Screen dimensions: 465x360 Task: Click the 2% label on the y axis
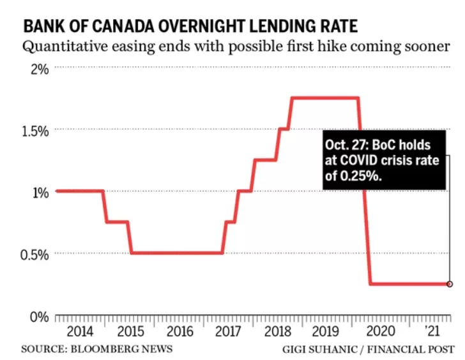tap(40, 70)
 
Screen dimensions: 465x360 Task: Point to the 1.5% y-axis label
tap(35, 131)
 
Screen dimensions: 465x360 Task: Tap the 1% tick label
tap(41, 193)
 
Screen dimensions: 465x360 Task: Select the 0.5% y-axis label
tap(34, 255)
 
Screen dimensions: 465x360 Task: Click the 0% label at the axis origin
tap(39, 317)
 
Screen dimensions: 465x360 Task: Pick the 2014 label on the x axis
tap(80, 331)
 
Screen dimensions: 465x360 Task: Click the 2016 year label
tap(179, 331)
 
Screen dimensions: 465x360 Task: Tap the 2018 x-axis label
tap(278, 331)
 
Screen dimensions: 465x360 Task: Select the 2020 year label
tap(381, 331)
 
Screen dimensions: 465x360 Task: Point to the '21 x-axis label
tap(432, 331)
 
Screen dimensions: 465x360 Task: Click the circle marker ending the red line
tap(450, 284)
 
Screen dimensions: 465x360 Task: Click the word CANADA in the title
tap(123, 26)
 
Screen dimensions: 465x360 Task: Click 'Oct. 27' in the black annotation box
tap(346, 145)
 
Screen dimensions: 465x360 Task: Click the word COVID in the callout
tap(359, 161)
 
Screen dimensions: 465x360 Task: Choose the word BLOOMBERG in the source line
tap(105, 349)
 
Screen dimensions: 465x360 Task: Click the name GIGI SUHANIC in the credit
tap(319, 349)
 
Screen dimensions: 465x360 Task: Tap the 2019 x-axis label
tap(325, 331)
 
